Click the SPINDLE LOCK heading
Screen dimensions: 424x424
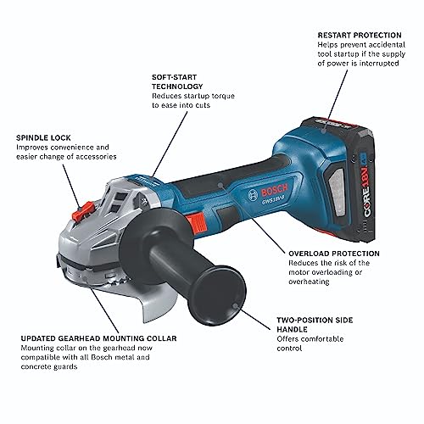(x=43, y=138)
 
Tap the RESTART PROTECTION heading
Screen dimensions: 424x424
(x=360, y=36)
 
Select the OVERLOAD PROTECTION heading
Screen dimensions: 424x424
(x=334, y=254)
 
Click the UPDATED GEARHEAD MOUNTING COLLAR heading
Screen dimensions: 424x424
(x=98, y=338)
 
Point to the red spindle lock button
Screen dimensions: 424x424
(x=82, y=211)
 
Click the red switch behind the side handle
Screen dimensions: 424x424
(x=196, y=221)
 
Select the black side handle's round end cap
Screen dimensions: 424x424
(x=221, y=295)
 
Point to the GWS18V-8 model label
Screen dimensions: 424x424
(x=271, y=202)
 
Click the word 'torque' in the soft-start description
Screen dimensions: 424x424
(x=222, y=97)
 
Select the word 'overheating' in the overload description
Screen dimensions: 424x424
(x=309, y=282)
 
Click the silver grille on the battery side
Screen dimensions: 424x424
(x=337, y=192)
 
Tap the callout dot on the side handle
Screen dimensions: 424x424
(x=234, y=305)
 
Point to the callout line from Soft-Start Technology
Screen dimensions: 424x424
(x=170, y=143)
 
